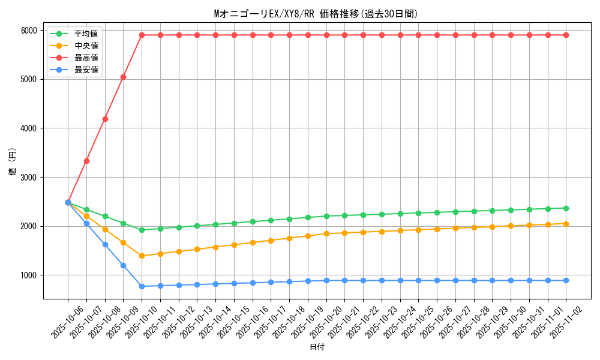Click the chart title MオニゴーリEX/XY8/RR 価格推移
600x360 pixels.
[x=316, y=14]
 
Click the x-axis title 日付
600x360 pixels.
[x=317, y=347]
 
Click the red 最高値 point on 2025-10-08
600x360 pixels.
[x=105, y=119]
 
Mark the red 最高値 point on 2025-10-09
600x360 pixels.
[x=124, y=77]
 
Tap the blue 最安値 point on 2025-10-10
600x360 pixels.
[x=142, y=286]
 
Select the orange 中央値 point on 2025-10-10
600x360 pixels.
[x=142, y=256]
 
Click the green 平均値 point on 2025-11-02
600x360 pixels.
[x=566, y=208]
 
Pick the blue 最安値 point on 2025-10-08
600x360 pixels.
[x=105, y=244]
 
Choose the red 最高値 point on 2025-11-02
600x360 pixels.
[x=566, y=35]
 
